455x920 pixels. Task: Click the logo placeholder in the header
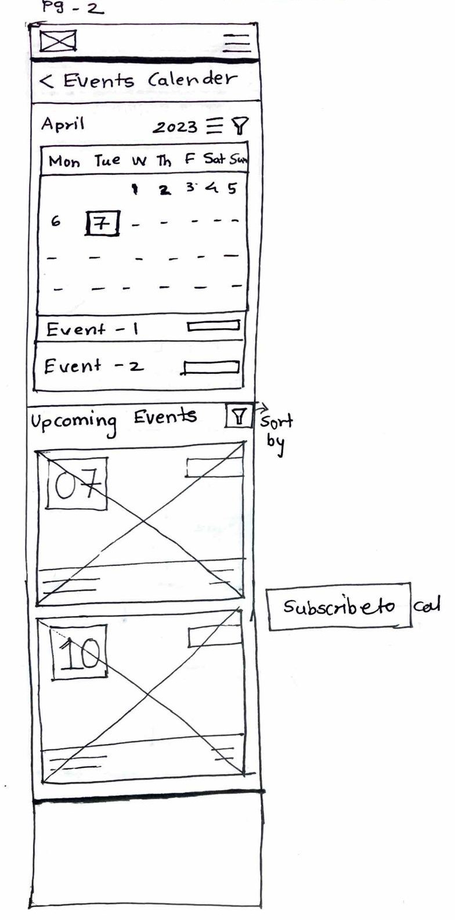[x=57, y=41]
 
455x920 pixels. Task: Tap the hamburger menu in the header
[x=237, y=42]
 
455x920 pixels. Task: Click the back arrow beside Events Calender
[x=46, y=81]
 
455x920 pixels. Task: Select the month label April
[x=62, y=124]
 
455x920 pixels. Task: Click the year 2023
[x=175, y=127]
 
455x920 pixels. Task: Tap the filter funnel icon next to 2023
[x=240, y=125]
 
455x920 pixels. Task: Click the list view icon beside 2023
[x=215, y=125]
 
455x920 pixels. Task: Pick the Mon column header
[x=64, y=161]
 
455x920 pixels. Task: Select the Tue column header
[x=107, y=161]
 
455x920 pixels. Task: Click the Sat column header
[x=214, y=160]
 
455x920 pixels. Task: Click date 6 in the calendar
[x=55, y=221]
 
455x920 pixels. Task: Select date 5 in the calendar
[x=232, y=188]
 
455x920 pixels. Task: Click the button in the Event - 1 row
[x=213, y=326]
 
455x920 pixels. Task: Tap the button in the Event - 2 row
[x=211, y=367]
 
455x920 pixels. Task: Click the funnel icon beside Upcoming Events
[x=238, y=416]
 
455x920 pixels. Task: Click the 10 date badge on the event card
[x=80, y=651]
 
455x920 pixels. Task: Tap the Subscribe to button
[x=339, y=607]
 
